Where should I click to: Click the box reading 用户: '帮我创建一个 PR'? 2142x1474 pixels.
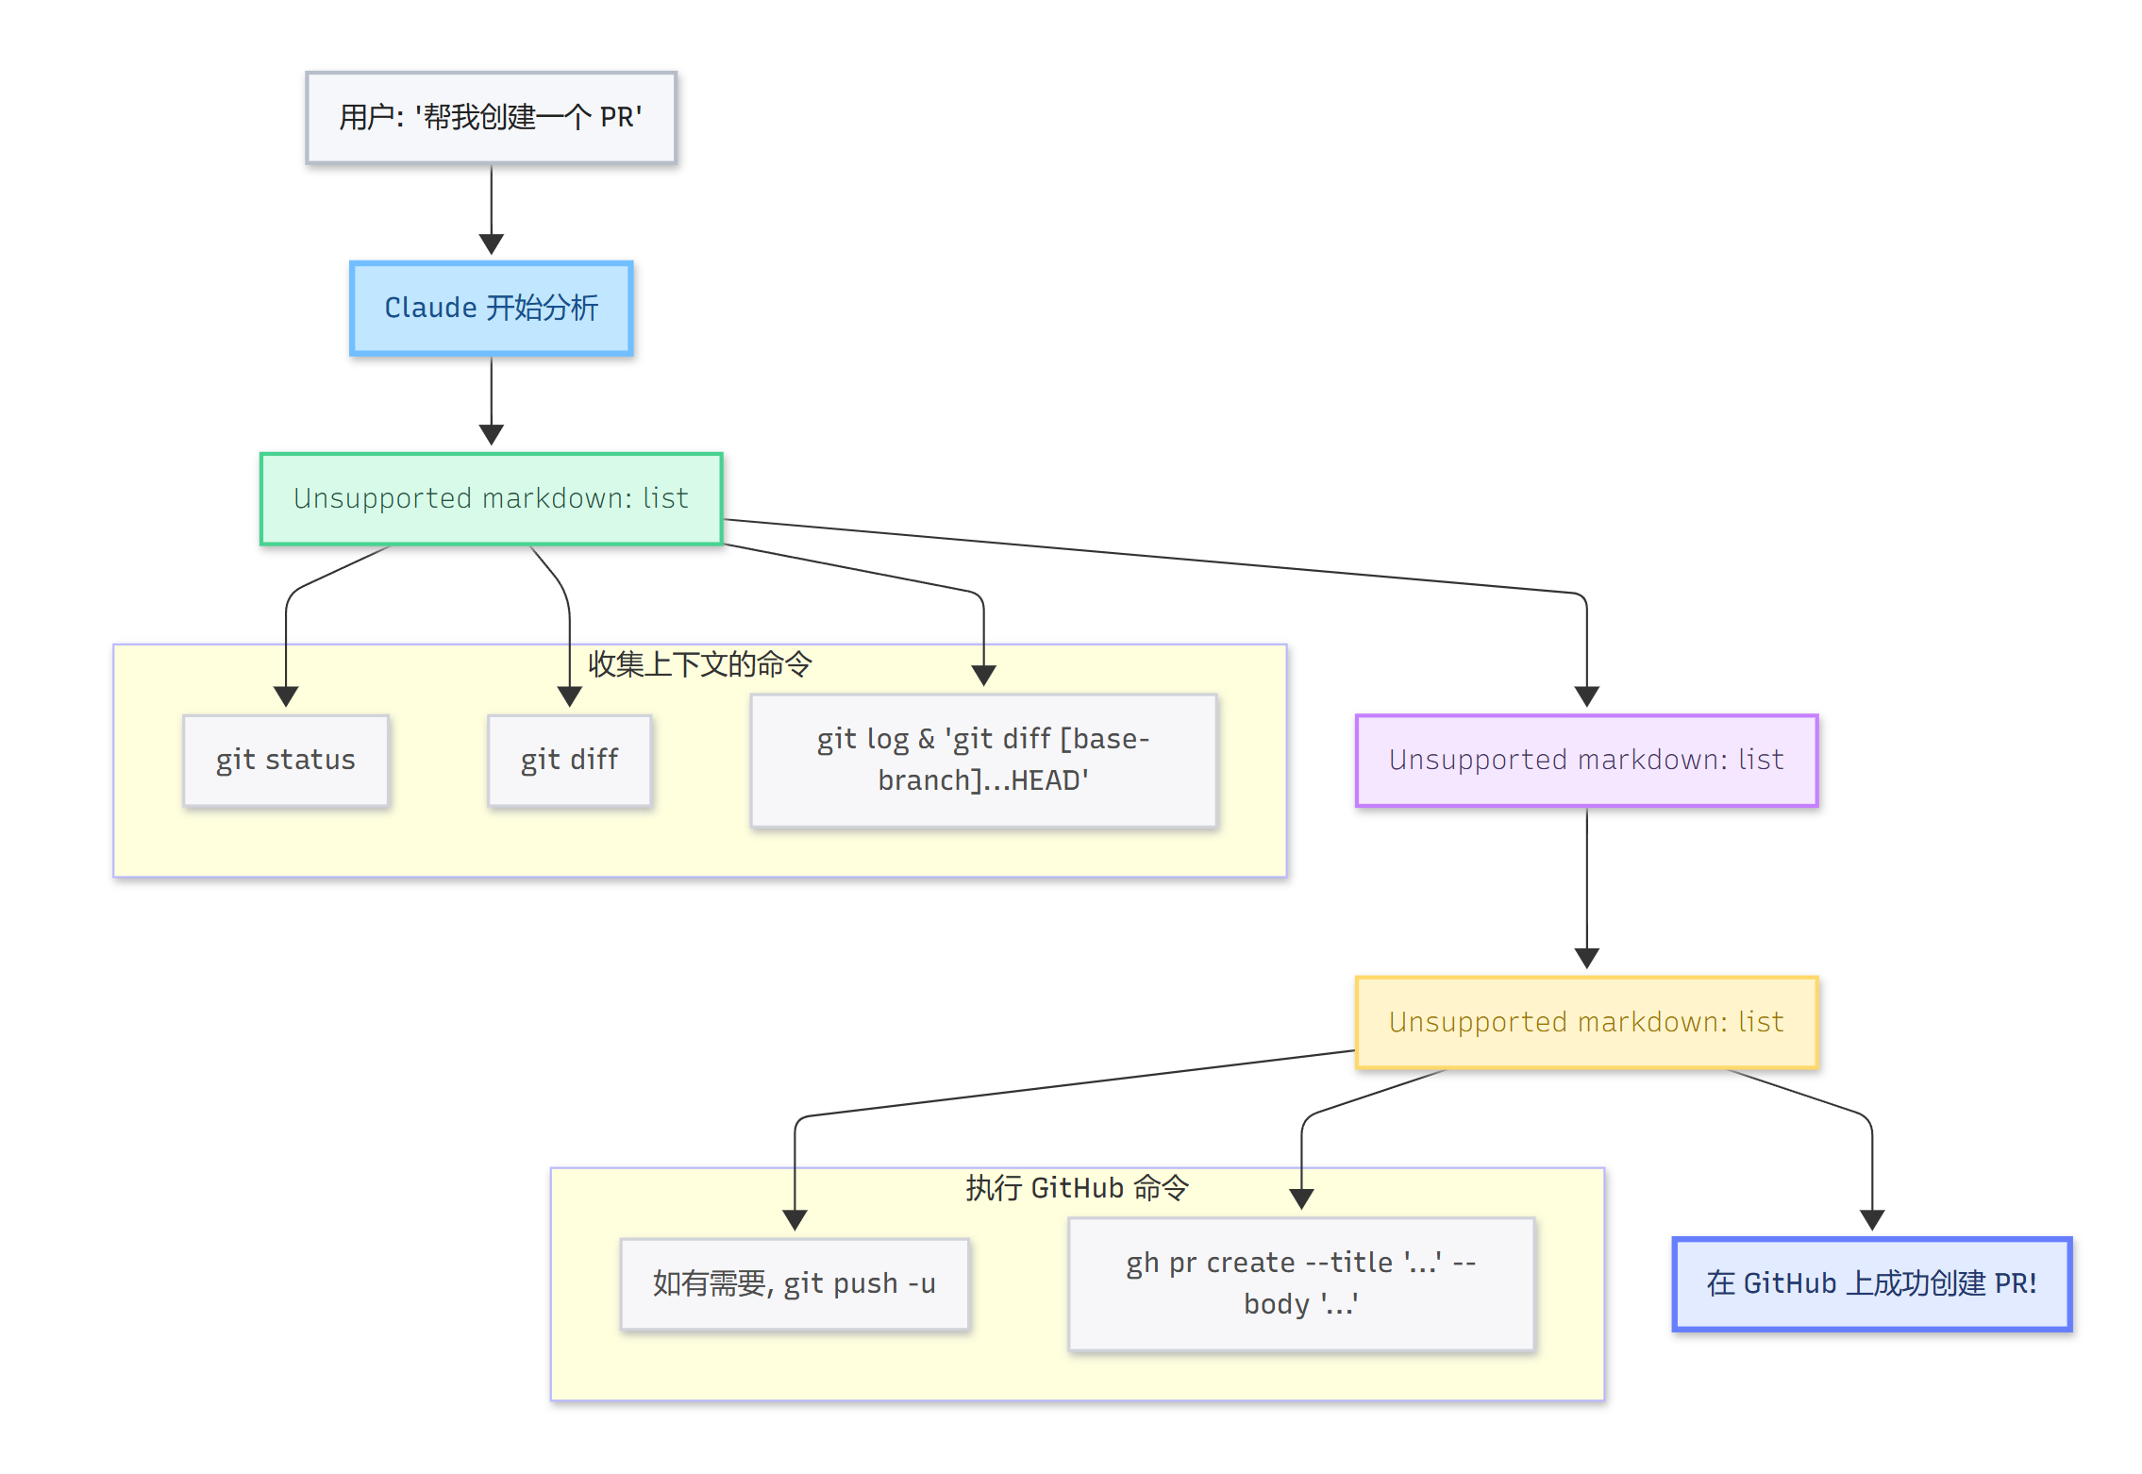tap(491, 118)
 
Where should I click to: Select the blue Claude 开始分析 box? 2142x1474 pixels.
tap(491, 309)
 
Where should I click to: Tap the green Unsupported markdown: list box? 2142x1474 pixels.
tap(491, 498)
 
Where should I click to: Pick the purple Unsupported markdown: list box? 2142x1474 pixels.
tap(1586, 761)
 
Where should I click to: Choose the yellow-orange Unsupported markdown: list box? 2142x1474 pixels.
tap(1586, 1023)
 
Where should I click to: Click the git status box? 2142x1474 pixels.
tap(286, 761)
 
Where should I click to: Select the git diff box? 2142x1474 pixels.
tap(569, 761)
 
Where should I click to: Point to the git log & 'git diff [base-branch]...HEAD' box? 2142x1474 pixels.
tap(983, 761)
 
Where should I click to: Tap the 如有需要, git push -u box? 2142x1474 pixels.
tap(795, 1284)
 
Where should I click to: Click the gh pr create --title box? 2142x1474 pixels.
tap(1301, 1284)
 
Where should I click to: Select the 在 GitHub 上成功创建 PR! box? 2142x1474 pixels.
tap(1871, 1284)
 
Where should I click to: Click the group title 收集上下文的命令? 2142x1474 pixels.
tap(699, 664)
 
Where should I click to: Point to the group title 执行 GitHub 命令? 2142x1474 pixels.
tap(1077, 1188)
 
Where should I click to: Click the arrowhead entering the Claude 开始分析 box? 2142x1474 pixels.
tap(491, 245)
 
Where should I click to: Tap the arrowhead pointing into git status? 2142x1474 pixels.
tap(286, 697)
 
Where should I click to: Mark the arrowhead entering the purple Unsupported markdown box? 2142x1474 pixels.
tap(1586, 697)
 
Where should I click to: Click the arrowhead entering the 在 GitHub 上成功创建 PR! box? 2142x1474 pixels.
tap(1871, 1220)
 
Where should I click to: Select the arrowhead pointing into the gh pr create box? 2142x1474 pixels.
tap(1301, 1199)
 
